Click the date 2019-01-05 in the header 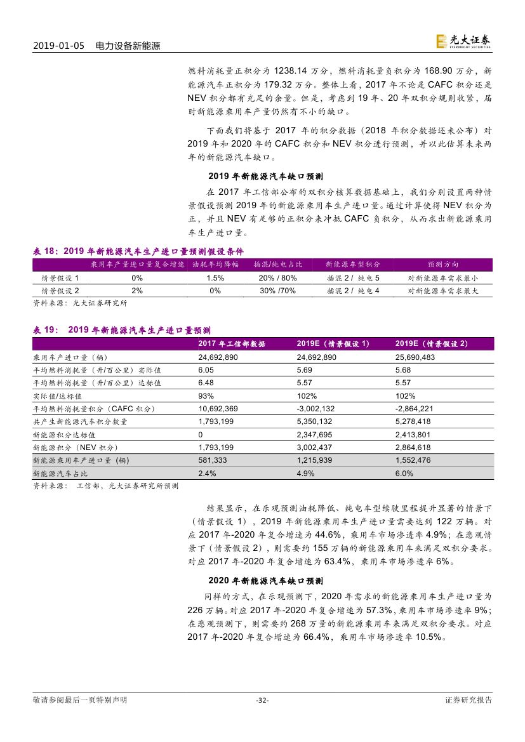click(58, 46)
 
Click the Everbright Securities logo click(463, 42)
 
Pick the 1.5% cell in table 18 click(215, 278)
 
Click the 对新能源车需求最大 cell click(443, 291)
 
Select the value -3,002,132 click(316, 409)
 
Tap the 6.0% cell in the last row click(404, 474)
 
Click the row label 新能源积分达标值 click(64, 435)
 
